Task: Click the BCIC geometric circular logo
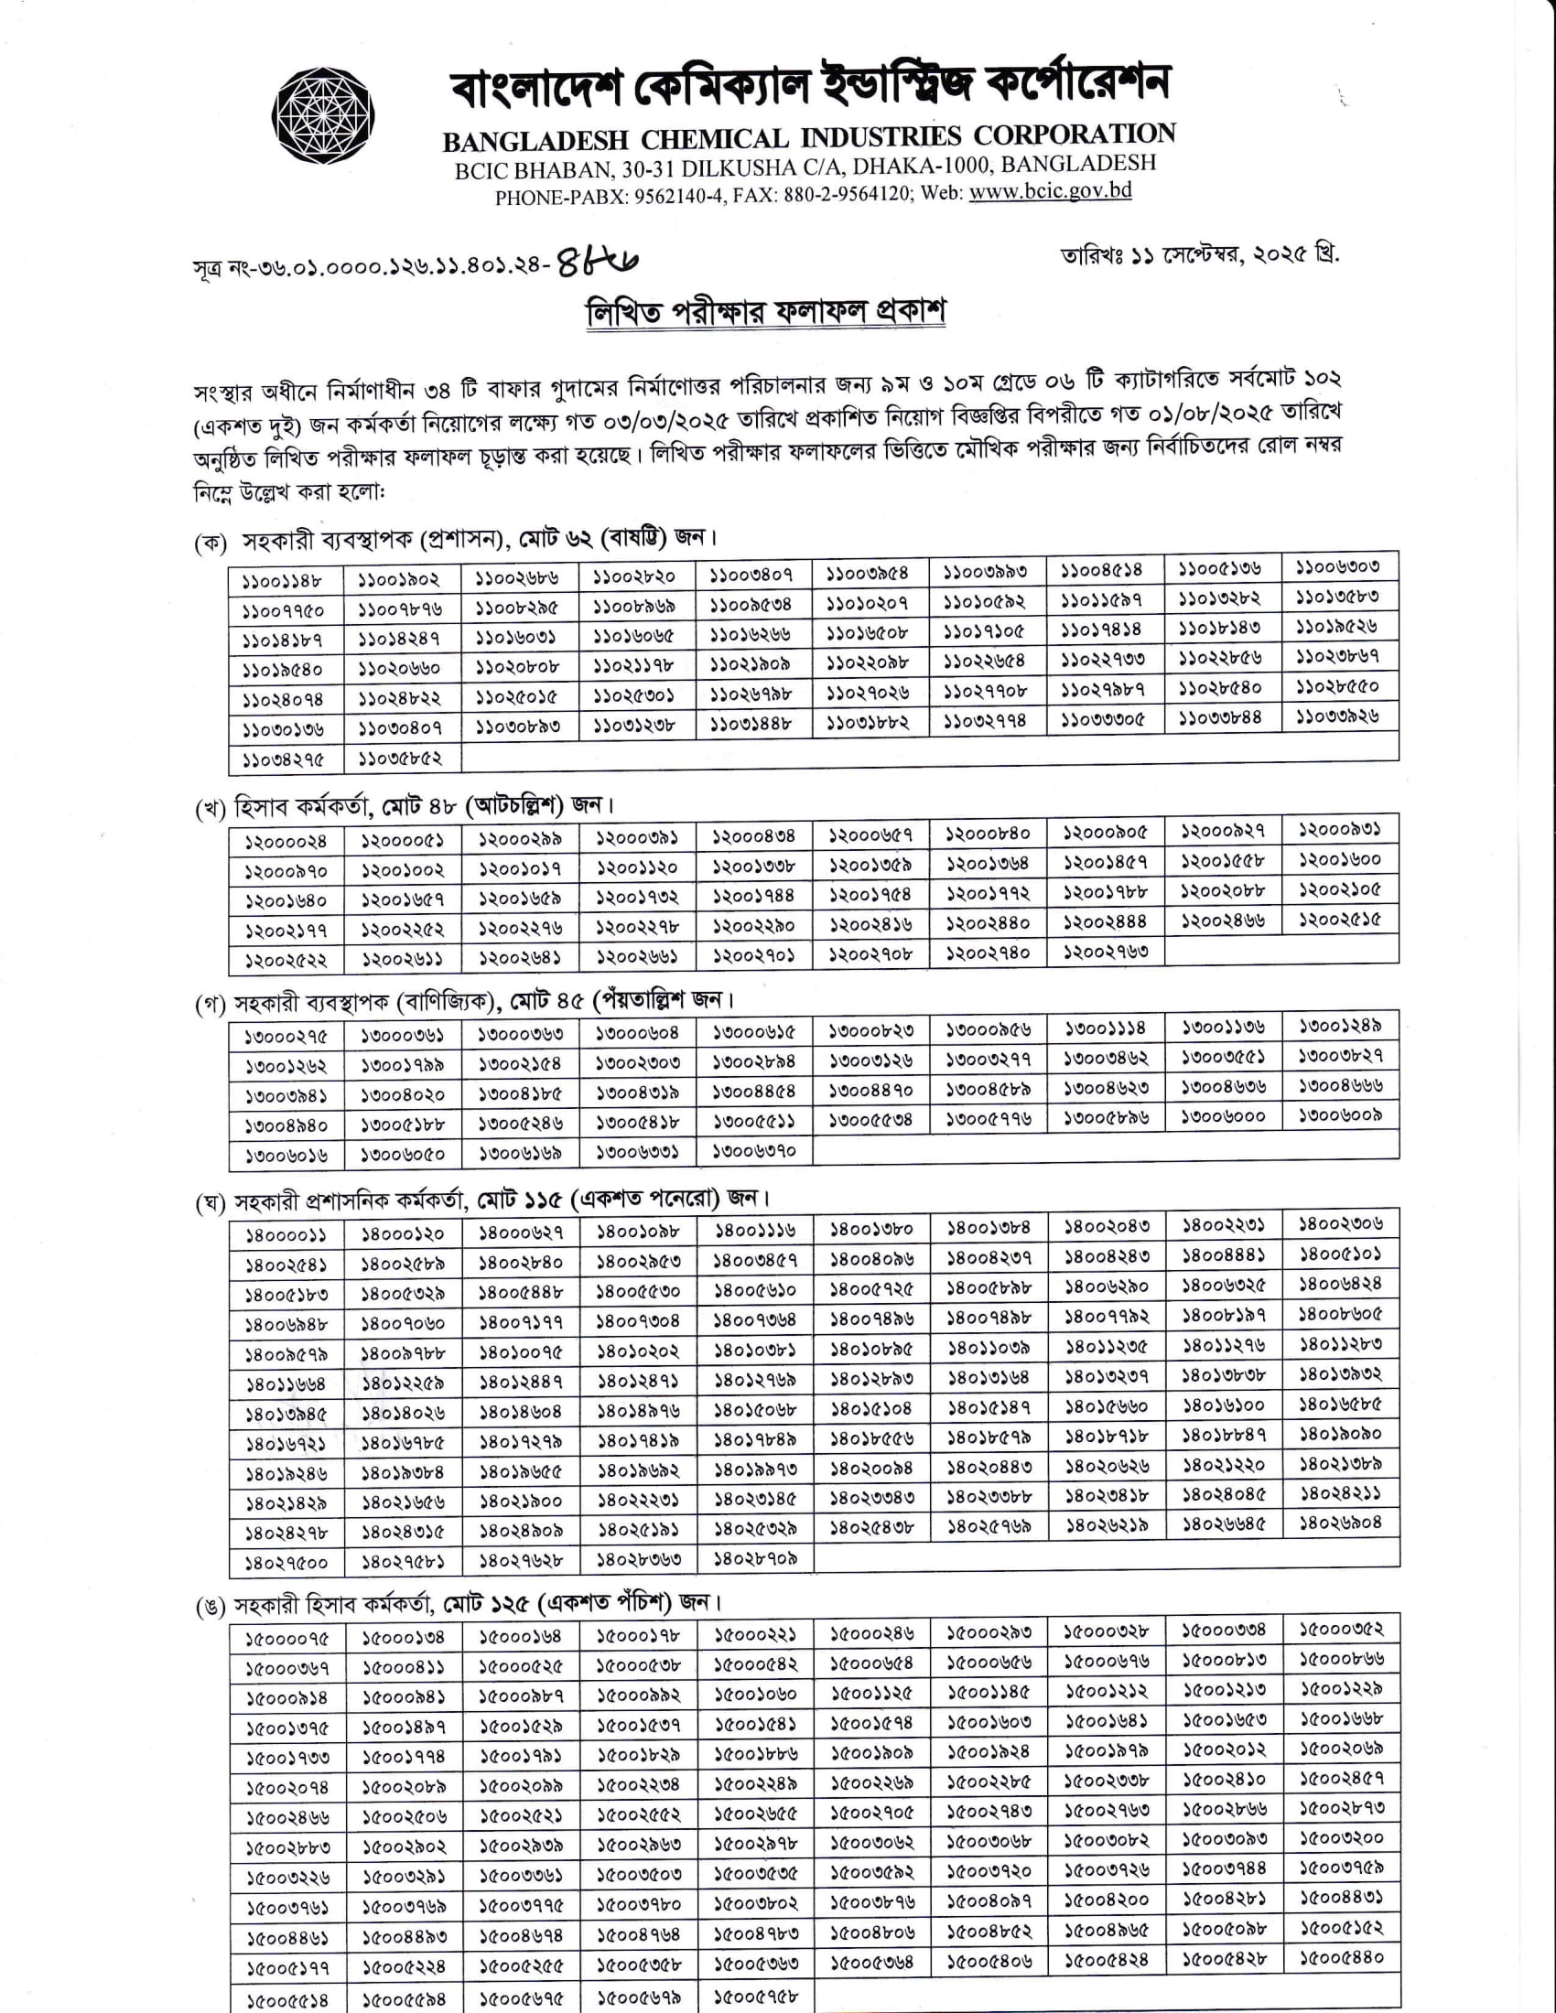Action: click(322, 116)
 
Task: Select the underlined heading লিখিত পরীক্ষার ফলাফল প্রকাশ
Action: click(766, 312)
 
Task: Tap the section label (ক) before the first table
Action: click(211, 543)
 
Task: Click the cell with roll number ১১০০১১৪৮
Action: click(283, 582)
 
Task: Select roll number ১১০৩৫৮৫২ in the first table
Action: click(400, 759)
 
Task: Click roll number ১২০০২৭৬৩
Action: click(1106, 952)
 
